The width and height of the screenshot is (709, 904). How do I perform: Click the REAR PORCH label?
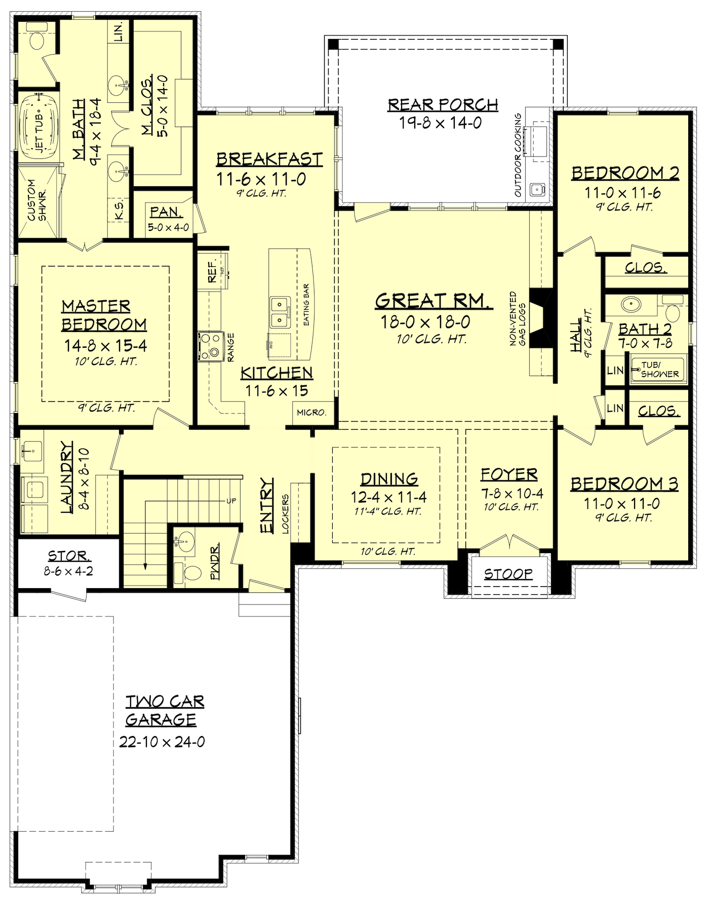point(443,105)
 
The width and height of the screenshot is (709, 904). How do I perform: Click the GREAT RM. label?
point(434,301)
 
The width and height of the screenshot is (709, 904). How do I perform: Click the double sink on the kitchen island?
point(280,312)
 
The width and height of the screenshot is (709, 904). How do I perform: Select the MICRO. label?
point(311,413)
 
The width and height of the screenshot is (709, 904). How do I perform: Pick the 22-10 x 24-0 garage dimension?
point(163,742)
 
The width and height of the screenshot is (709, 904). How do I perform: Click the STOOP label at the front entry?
point(508,573)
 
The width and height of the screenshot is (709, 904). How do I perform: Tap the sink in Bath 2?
point(631,305)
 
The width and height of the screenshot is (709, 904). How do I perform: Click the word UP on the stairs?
point(231,501)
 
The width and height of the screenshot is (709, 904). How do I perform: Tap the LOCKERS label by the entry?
point(286,513)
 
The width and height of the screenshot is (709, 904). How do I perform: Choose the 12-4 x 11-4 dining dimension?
point(389,497)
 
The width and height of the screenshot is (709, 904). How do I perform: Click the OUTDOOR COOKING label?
point(518,155)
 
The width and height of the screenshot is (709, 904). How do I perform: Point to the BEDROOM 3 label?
point(624,484)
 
